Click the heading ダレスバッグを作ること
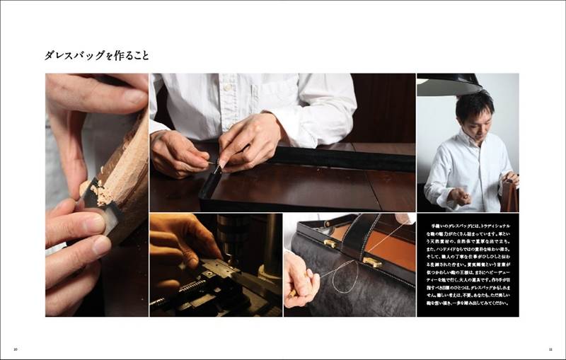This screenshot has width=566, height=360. [97, 55]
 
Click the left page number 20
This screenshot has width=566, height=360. [15, 349]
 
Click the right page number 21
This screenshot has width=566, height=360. [550, 349]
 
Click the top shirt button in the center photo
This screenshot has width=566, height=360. [228, 88]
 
